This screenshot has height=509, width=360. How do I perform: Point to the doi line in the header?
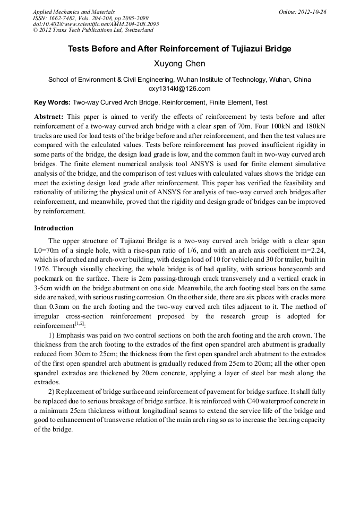(x=96, y=24)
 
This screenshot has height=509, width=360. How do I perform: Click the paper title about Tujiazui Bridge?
(x=179, y=49)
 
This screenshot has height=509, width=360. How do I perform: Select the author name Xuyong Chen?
(x=179, y=64)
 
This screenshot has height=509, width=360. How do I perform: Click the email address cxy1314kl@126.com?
(x=179, y=89)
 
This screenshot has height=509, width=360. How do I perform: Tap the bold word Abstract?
(x=49, y=116)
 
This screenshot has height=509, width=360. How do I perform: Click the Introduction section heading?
(x=54, y=228)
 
